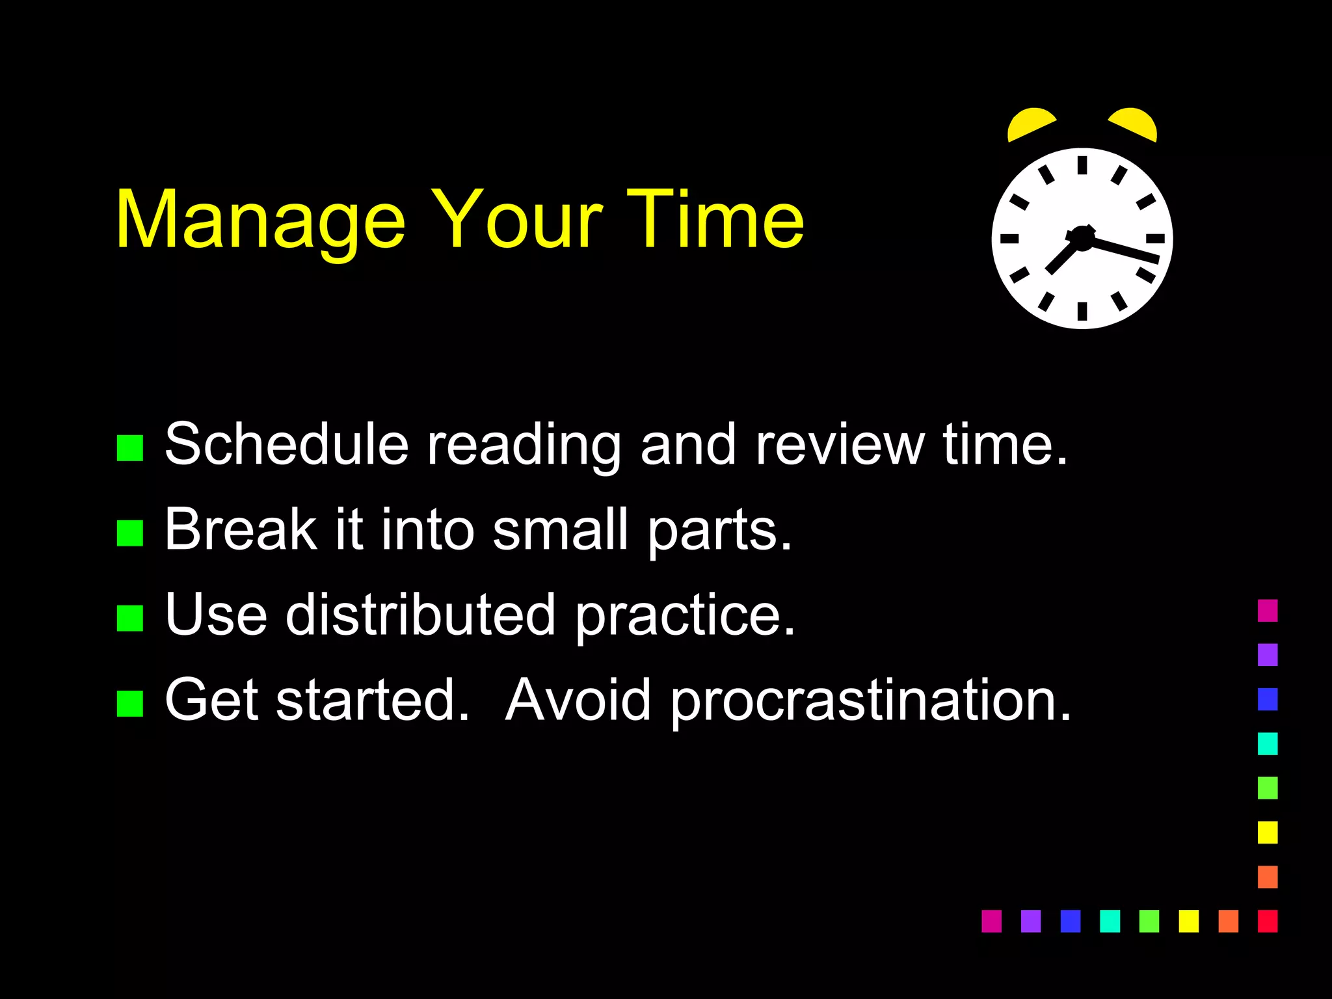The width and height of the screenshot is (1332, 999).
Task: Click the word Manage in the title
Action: coord(260,221)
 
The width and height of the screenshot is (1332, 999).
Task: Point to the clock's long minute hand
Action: coord(1125,250)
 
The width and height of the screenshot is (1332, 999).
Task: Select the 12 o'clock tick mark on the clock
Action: coord(1082,165)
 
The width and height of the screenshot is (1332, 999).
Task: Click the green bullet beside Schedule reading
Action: coord(130,448)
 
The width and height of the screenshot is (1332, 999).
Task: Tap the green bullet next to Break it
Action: coord(130,533)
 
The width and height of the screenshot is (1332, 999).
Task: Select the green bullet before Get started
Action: coord(130,704)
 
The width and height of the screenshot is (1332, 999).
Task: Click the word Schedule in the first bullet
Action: coord(286,445)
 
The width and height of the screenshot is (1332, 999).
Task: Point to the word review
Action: coord(839,445)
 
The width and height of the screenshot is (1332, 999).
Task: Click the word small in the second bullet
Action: coord(560,530)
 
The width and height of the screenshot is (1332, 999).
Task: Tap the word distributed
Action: coord(420,615)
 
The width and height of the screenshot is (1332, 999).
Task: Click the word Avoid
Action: coord(578,700)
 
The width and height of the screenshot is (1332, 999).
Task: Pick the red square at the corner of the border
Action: coord(1267,921)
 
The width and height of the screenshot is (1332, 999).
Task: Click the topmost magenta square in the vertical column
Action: coord(1267,611)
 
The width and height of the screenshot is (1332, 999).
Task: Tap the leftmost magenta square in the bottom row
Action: coord(991,921)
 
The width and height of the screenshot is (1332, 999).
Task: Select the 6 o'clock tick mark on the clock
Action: coord(1082,312)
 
